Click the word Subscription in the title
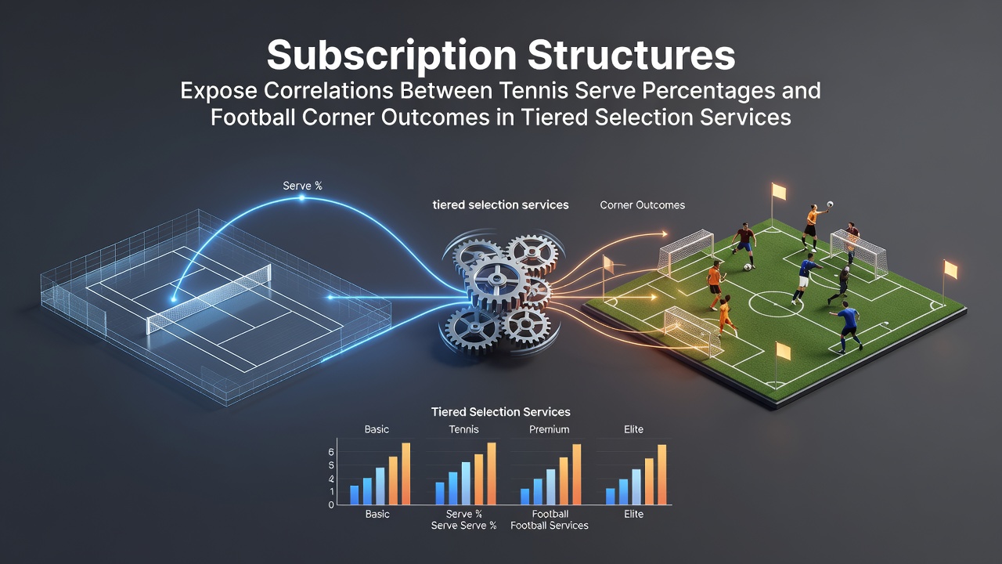coord(391,56)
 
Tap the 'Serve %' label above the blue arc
coord(302,186)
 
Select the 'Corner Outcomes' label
coord(643,205)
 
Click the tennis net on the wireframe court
coord(209,298)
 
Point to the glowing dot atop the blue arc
coord(302,197)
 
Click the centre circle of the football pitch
coord(776,304)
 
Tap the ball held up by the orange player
coord(830,204)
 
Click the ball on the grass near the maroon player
coord(748,267)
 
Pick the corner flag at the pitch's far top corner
coord(777,193)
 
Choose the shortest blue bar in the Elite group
coord(610,496)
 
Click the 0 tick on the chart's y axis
coord(331,505)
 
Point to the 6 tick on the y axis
coord(331,452)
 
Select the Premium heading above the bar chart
coord(550,429)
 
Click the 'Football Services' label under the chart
coord(550,526)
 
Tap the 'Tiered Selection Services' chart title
coord(500,412)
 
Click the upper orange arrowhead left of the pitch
coord(665,233)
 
